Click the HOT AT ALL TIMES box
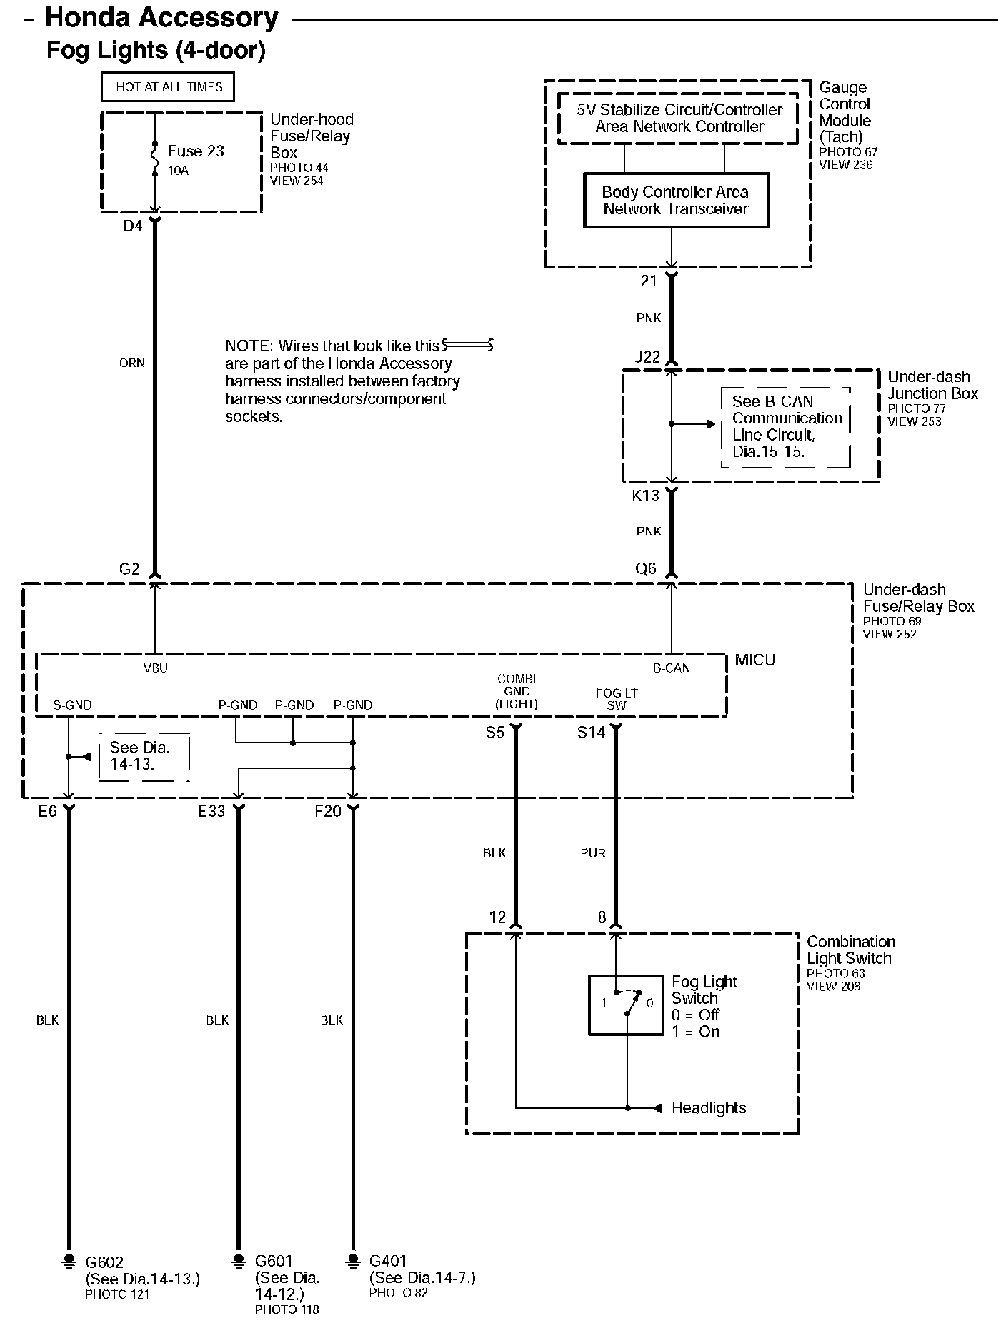click(x=169, y=87)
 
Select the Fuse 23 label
click(x=195, y=151)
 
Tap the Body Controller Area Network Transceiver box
click(x=675, y=201)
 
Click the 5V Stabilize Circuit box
click(x=679, y=119)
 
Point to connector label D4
click(x=133, y=226)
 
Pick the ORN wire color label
click(x=131, y=363)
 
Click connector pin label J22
click(x=647, y=357)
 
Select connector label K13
click(x=645, y=495)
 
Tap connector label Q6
click(x=645, y=568)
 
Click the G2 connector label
click(x=129, y=569)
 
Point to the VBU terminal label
click(x=156, y=668)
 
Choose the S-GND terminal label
click(x=73, y=705)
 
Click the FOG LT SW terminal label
click(x=617, y=699)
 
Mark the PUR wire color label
click(x=593, y=853)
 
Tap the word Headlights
click(x=709, y=1108)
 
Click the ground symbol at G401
click(x=352, y=1260)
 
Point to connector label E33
click(x=211, y=812)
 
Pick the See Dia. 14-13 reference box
click(x=144, y=756)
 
